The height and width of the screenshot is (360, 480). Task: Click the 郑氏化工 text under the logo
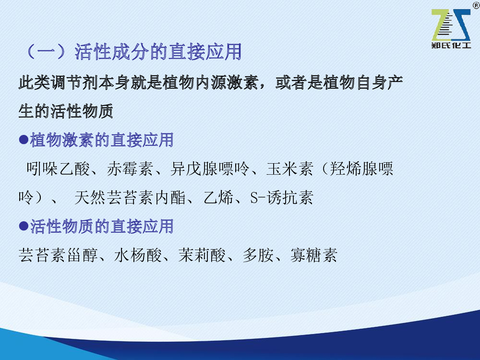coord(451,45)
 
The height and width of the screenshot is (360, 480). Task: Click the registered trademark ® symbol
coord(476,5)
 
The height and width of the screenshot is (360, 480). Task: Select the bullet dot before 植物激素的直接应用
coord(24,140)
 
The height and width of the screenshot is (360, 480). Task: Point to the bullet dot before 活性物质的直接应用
coord(24,226)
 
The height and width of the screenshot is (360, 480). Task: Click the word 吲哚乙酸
coord(58,168)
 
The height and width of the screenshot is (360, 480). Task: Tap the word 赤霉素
coord(130,168)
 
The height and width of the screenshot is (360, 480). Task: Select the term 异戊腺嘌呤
coord(210,168)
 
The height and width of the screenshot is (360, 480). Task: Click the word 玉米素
coord(289,168)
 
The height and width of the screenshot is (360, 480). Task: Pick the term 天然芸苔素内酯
coord(130,197)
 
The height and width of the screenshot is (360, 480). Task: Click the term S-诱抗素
coord(282,197)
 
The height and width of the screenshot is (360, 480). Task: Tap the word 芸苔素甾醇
coord(58,255)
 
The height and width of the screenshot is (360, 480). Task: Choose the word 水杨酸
coord(138,255)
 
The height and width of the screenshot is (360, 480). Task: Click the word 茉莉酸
coord(202,255)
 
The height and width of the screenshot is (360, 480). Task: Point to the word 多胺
coord(258,255)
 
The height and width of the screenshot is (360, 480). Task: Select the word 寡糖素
coord(314,255)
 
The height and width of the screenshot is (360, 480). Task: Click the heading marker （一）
coord(46,52)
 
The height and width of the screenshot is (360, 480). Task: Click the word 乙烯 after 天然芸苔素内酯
coord(218,197)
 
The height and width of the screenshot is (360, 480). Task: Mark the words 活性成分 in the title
coord(112,52)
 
